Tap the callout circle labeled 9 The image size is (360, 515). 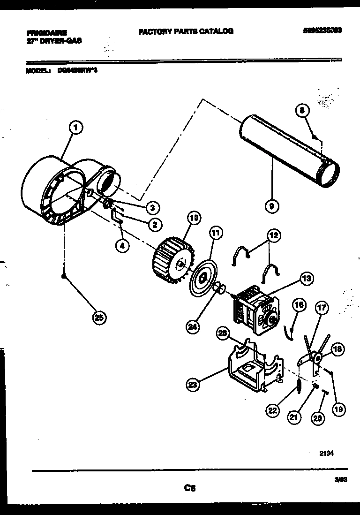pos(271,204)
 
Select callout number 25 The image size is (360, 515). pos(98,318)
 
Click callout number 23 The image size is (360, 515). pos(192,385)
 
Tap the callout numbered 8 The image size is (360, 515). pos(302,111)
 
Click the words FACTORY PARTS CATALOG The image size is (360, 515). pos(186,31)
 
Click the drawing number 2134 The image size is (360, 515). pos(326,453)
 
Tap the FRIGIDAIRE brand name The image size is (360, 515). pos(46,32)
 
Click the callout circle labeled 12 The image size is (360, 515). pos(273,235)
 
